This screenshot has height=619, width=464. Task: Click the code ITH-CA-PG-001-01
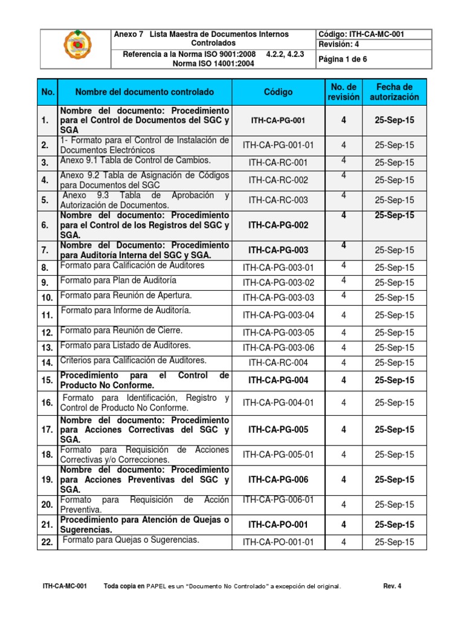pos(278,145)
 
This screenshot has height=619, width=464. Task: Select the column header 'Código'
pos(278,92)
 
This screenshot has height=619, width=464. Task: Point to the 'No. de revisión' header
pos(343,92)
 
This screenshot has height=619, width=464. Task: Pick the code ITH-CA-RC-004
pos(278,363)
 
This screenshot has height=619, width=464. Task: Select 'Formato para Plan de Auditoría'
pos(118,280)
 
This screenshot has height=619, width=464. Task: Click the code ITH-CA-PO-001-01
pos(278,542)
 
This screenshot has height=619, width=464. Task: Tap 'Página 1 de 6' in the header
pos(343,59)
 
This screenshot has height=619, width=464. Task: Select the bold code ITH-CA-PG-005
pos(278,430)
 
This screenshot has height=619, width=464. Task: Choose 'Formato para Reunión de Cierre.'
pos(121,331)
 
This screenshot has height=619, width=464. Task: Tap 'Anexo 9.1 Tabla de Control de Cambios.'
pos(135,160)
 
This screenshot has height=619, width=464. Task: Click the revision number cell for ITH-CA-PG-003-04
pos(343,315)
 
